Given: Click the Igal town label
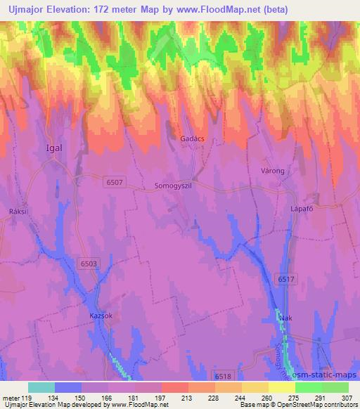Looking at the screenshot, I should pos(53,148).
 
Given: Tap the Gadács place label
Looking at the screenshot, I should pos(193,139).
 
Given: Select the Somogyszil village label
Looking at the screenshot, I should pos(172,186).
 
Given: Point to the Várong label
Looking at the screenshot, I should pos(272,171).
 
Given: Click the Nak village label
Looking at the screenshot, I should pos(285,318).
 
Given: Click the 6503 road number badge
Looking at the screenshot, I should pos(89,263).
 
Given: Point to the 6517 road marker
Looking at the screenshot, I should pos(286,279).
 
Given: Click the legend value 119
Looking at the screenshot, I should pos(27,397).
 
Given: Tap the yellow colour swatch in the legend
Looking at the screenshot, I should pos(281,387).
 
